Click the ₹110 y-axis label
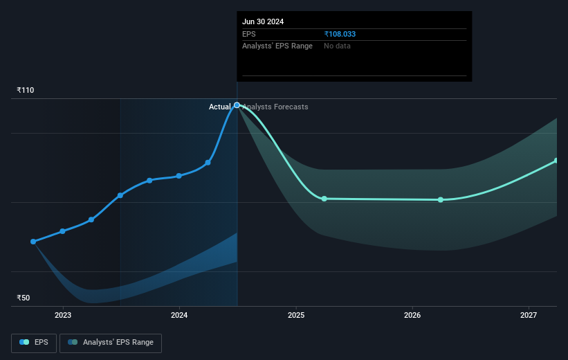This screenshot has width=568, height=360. click(26, 90)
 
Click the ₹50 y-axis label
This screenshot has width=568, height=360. click(24, 298)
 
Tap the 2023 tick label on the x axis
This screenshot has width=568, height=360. click(63, 316)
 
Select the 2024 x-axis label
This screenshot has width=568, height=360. click(179, 316)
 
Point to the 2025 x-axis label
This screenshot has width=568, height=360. click(296, 316)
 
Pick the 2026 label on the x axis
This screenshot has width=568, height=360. click(412, 316)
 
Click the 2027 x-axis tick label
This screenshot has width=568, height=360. click(529, 316)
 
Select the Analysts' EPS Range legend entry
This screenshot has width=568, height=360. click(111, 342)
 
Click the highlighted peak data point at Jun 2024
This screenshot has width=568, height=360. click(237, 105)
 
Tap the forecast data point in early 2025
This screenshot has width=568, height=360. click(324, 199)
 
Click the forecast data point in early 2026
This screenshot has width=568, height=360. click(441, 200)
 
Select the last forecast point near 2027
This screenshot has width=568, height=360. click(556, 161)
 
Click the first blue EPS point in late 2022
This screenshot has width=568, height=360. click(33, 242)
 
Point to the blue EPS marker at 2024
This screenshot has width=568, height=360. click(179, 176)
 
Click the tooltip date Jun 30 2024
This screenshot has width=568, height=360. click(263, 21)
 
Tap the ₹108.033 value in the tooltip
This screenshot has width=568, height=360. click(340, 34)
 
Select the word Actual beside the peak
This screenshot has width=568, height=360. click(220, 107)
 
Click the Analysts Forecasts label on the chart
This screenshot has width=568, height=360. click(275, 107)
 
